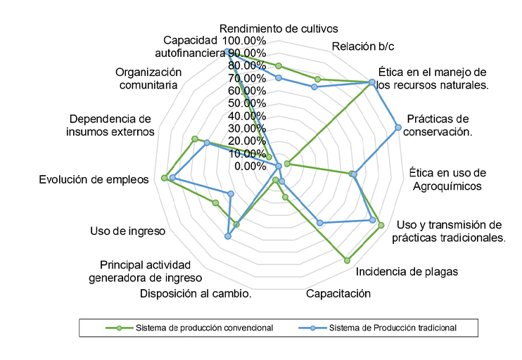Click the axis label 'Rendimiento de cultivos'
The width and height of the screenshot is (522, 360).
(279, 29)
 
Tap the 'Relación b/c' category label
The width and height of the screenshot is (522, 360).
(363, 47)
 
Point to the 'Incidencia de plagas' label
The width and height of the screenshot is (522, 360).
(407, 272)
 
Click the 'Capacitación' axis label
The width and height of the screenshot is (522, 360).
(338, 294)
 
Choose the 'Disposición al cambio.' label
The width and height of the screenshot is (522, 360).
(196, 294)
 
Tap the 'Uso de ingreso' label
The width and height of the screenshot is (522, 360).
(128, 231)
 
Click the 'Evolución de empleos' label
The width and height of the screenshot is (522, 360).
(94, 179)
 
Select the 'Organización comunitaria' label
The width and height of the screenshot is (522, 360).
(148, 78)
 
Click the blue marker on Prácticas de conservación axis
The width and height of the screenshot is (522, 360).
(398, 127)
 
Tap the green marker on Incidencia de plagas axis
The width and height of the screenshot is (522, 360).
(347, 260)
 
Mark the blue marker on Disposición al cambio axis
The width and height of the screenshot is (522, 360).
(227, 236)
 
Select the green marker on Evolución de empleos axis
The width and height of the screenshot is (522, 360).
(164, 178)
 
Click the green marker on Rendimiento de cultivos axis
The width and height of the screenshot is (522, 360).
(279, 66)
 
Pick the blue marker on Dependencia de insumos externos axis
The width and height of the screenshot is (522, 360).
(207, 143)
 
